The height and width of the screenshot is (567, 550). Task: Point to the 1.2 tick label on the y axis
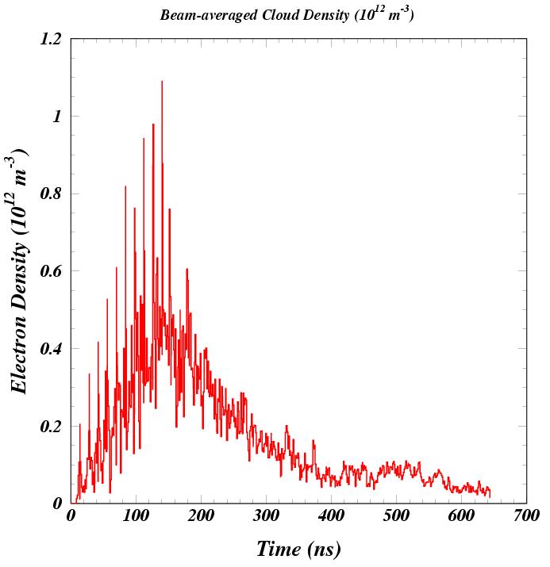pos(51,40)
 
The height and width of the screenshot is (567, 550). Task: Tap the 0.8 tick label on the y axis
pos(51,194)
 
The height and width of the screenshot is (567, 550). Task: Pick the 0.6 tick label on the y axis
pos(51,271)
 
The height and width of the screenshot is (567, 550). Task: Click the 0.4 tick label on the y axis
pos(51,349)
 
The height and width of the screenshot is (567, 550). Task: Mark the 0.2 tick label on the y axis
pos(51,427)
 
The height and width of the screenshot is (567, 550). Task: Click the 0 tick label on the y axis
pos(57,504)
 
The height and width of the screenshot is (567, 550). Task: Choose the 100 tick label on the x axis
pos(136,516)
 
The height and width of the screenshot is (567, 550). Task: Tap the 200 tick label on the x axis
pos(201,516)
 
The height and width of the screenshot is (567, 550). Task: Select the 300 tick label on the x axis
pos(266,516)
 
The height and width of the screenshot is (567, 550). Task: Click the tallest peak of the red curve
pos(162,82)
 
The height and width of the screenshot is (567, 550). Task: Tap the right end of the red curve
pos(490,496)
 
